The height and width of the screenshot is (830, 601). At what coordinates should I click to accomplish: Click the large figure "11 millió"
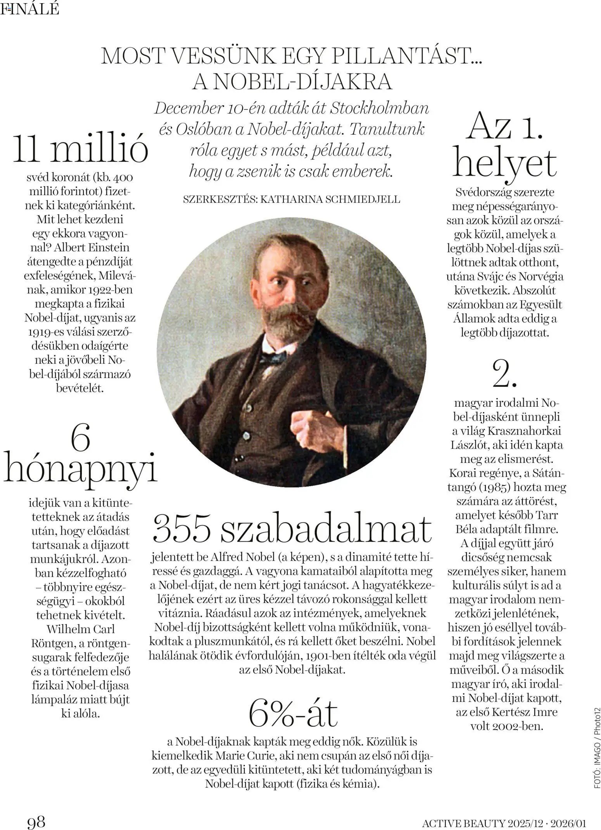click(81, 150)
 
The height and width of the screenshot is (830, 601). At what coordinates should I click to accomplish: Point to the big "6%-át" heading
click(292, 714)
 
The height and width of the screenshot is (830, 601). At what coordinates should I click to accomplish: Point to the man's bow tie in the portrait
click(274, 356)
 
